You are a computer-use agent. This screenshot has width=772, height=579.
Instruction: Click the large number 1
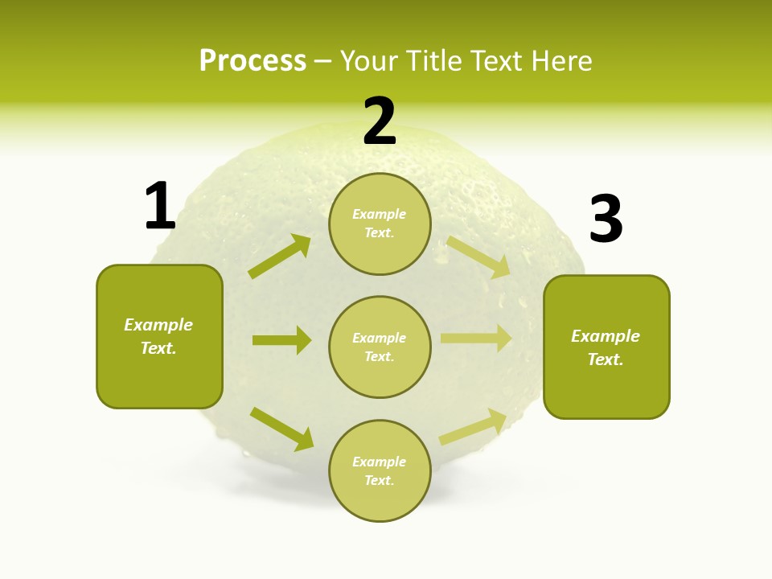[160, 206]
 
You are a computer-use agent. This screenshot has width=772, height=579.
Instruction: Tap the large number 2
[380, 121]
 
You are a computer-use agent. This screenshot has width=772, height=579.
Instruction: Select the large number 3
[606, 220]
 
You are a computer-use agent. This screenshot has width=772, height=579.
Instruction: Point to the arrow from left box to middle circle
[281, 340]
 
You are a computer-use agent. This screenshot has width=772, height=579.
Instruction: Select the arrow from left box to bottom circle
[281, 428]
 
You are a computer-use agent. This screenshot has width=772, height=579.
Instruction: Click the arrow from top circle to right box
[478, 257]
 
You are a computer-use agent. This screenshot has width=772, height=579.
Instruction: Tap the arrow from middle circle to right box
[476, 339]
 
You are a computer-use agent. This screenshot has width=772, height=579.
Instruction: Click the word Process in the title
[253, 60]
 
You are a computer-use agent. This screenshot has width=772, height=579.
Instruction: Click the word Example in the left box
[158, 325]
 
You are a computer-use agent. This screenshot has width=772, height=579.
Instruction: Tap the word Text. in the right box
[606, 359]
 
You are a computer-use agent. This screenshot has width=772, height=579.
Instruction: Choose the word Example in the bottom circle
[380, 462]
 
